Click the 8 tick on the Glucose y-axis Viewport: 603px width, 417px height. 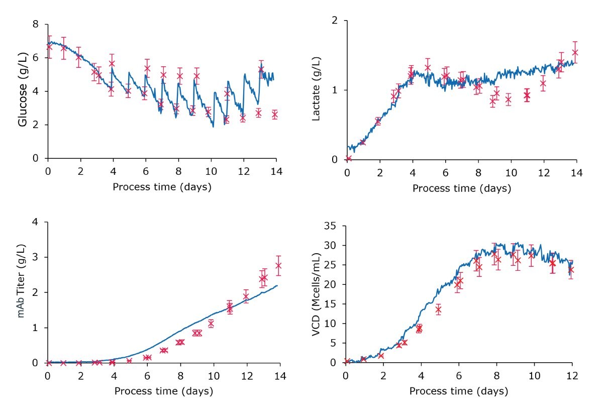[36, 24]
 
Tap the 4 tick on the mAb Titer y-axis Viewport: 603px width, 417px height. [36, 222]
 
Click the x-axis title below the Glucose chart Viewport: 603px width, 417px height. [162, 187]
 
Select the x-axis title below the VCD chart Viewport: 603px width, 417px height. [458, 391]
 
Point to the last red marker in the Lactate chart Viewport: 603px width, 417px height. [575, 52]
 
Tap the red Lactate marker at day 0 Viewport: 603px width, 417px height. [348, 159]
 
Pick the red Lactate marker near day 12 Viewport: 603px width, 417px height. [543, 83]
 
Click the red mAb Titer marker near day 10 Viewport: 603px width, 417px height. [211, 324]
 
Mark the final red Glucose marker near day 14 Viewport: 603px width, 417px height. [275, 115]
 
